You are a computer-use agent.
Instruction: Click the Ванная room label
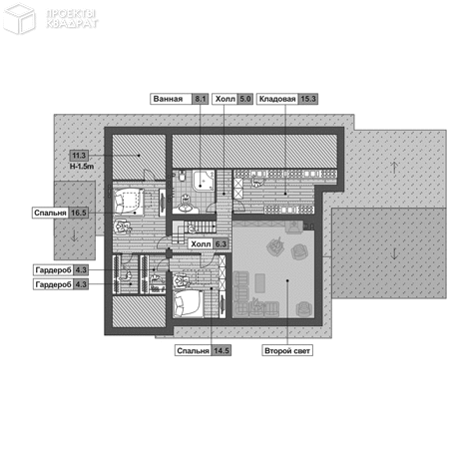coord(168,99)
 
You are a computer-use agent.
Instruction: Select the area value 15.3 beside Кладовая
coord(308,99)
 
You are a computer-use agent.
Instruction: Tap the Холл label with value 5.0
coord(225,99)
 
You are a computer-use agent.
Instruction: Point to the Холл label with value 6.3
coord(201,244)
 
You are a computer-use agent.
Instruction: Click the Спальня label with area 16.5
coord(50,213)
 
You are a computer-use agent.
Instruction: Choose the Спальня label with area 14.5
coord(193,350)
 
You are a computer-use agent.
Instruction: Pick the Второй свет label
coord(287,350)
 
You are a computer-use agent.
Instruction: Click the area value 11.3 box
coord(79,156)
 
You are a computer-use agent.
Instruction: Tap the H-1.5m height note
coord(82,167)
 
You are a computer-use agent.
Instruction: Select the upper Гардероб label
coord(53,270)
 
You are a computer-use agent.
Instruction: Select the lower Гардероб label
coord(53,284)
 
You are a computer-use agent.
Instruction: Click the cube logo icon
coord(19,19)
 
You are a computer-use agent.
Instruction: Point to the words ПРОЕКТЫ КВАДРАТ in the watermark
coord(72,19)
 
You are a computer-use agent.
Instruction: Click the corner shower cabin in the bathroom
coord(204,182)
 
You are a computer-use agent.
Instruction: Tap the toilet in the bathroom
coord(182,175)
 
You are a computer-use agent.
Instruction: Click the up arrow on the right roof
coord(394,168)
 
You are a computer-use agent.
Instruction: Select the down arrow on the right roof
coord(394,253)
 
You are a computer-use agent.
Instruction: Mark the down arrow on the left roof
coord(74,235)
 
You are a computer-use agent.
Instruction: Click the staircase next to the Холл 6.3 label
coord(194,229)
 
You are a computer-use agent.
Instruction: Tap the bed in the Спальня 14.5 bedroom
coord(188,303)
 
